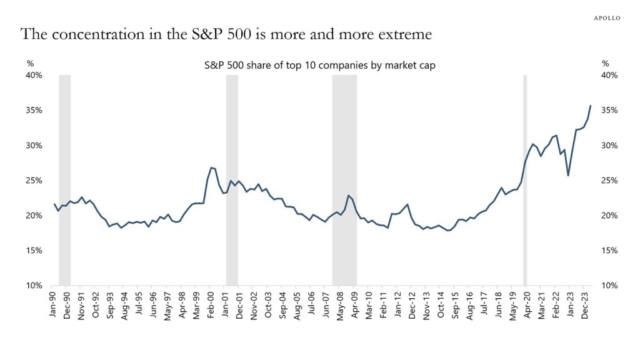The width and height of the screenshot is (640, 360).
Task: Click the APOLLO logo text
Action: (606, 18)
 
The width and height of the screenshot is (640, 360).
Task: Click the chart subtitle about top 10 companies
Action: (320, 64)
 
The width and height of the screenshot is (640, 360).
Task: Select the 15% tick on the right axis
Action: (609, 251)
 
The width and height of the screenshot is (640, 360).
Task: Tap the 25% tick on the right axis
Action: (609, 181)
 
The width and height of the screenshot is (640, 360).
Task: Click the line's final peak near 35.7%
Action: (591, 106)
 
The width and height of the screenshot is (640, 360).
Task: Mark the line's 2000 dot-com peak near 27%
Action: (212, 167)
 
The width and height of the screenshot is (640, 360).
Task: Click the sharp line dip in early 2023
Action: (568, 176)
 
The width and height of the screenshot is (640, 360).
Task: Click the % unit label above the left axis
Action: (29, 64)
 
